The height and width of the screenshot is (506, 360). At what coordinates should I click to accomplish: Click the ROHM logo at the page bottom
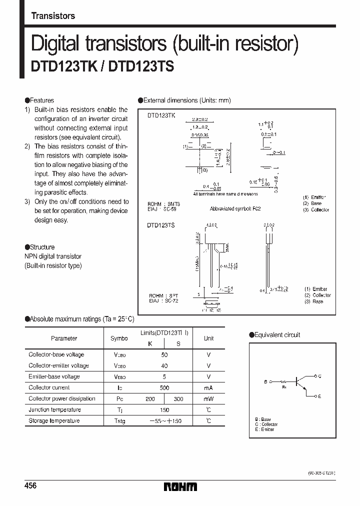tap(180, 486)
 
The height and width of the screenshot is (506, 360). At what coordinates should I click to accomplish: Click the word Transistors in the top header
tap(53, 16)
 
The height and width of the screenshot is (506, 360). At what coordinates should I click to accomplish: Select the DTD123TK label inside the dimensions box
tap(161, 115)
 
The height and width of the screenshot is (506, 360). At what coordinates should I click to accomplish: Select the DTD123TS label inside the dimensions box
tap(161, 225)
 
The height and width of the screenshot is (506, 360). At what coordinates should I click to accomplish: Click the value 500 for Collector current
tap(164, 387)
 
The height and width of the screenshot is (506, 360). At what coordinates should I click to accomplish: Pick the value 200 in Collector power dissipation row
tap(150, 399)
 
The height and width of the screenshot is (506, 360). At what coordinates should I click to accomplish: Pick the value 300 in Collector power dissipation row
tap(178, 399)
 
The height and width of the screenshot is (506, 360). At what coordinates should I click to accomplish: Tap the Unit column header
tap(208, 338)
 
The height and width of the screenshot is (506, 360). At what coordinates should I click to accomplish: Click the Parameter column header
tap(64, 338)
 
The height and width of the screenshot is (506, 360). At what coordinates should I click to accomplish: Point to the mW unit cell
tap(208, 399)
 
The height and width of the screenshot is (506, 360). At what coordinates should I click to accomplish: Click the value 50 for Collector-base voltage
tap(164, 354)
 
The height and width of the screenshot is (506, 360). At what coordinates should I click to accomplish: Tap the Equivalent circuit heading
tap(277, 335)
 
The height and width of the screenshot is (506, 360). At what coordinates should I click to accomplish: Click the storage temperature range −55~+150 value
tap(164, 421)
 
